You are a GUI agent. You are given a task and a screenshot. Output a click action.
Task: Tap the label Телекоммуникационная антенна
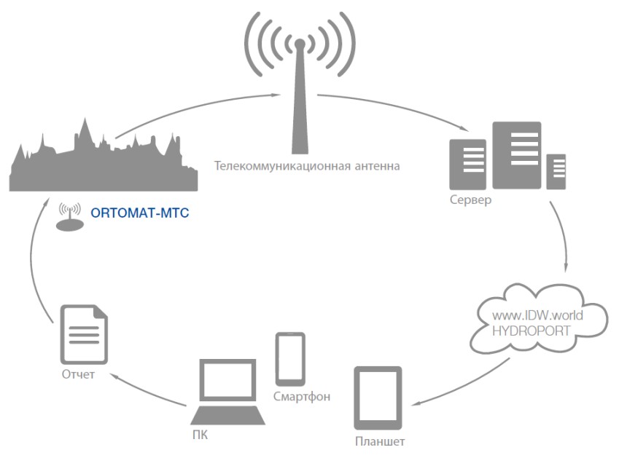[x=307, y=166]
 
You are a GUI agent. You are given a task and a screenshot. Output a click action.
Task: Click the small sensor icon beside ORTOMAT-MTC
[x=70, y=218]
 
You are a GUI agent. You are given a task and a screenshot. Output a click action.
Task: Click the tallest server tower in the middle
[x=517, y=155]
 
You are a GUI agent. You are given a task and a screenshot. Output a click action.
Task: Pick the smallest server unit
[x=557, y=171]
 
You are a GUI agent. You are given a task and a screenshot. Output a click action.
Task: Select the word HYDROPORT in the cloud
[x=538, y=331]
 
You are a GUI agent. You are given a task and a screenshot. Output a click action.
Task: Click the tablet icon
[x=378, y=398]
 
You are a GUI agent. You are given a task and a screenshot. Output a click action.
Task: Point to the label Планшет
[x=379, y=441]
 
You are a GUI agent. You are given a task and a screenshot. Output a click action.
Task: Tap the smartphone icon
[x=290, y=358]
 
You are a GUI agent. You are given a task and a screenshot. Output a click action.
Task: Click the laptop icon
[x=228, y=392]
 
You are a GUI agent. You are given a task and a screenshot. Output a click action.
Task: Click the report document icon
[x=83, y=335]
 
